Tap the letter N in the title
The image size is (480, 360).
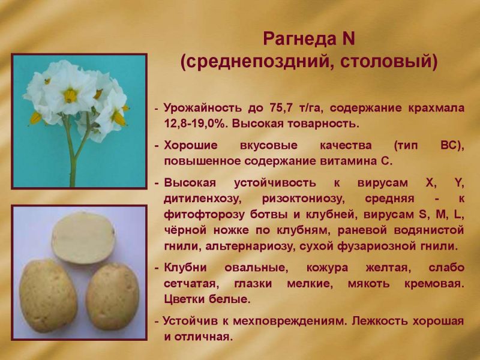point(348,38)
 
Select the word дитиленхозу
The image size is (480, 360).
point(203,199)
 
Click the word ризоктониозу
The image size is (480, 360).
point(304,199)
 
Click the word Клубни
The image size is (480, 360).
point(185,267)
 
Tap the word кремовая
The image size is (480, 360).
point(434,283)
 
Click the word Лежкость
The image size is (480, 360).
point(380,321)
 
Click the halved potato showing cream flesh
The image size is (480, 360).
point(83,238)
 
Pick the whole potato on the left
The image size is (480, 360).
point(48,296)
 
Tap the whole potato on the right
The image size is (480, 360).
point(113,296)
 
